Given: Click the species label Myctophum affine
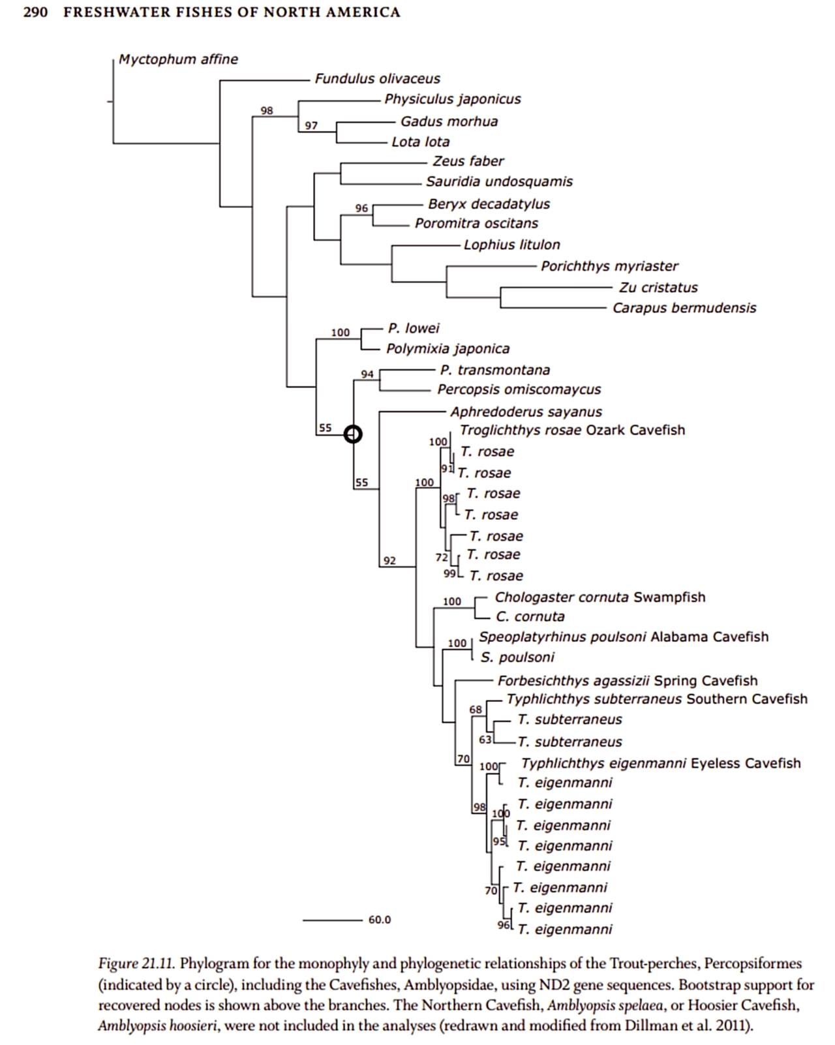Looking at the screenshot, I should (x=178, y=59).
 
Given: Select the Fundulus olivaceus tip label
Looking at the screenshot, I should (x=377, y=79).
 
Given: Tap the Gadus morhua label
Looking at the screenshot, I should (x=449, y=121).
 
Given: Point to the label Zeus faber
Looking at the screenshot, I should (x=468, y=161).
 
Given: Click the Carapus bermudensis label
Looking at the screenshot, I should (x=684, y=308).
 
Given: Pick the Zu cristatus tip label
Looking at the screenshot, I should (x=658, y=288).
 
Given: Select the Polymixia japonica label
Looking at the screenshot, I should (x=448, y=349).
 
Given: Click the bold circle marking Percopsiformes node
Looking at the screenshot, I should (x=352, y=434).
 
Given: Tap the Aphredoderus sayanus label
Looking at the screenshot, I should (x=526, y=412).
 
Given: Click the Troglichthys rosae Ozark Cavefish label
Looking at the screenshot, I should (x=572, y=431).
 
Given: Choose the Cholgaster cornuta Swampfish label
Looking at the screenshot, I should (x=600, y=598).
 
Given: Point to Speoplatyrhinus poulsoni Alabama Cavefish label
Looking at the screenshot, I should (x=623, y=637).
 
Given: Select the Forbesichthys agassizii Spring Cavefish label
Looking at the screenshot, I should (x=627, y=681).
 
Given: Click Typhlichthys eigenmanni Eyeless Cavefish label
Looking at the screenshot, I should (x=660, y=764).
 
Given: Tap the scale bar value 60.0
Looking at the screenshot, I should (x=380, y=920).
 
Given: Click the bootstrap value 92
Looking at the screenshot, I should (x=389, y=560).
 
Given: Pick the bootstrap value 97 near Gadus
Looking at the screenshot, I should (x=311, y=125).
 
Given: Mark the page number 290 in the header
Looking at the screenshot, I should (x=36, y=12).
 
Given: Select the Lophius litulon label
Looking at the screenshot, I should (x=511, y=245).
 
